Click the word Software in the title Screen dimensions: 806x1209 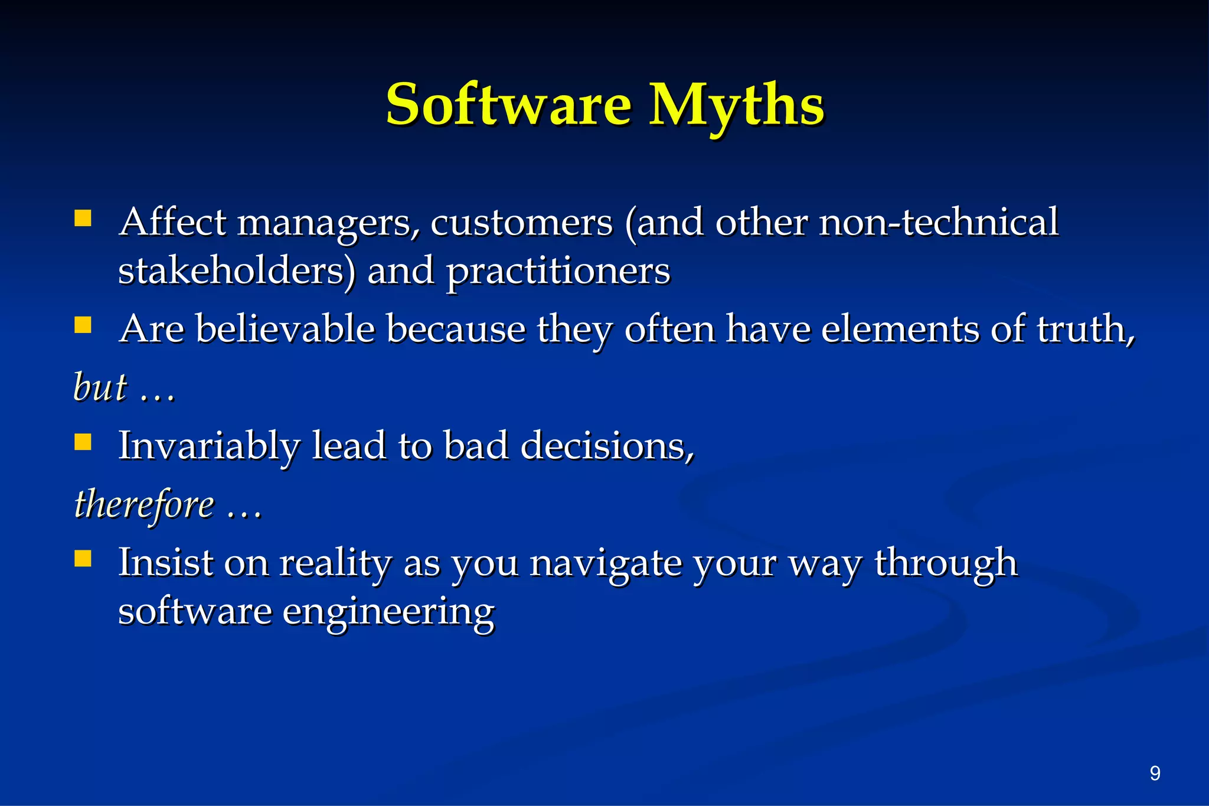pyautogui.click(x=508, y=105)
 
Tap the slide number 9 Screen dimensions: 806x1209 pyautogui.click(x=1155, y=773)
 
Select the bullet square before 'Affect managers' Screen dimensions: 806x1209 pyautogui.click(x=83, y=219)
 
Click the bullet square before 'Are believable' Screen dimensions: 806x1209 pyautogui.click(x=83, y=325)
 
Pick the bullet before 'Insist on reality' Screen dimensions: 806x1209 pyautogui.click(x=83, y=559)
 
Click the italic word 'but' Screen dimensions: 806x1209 pyautogui.click(x=100, y=387)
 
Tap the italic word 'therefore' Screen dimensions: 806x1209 pyautogui.click(x=144, y=505)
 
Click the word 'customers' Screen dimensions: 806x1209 pyautogui.click(x=521, y=223)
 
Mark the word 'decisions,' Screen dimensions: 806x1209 pyautogui.click(x=607, y=445)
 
